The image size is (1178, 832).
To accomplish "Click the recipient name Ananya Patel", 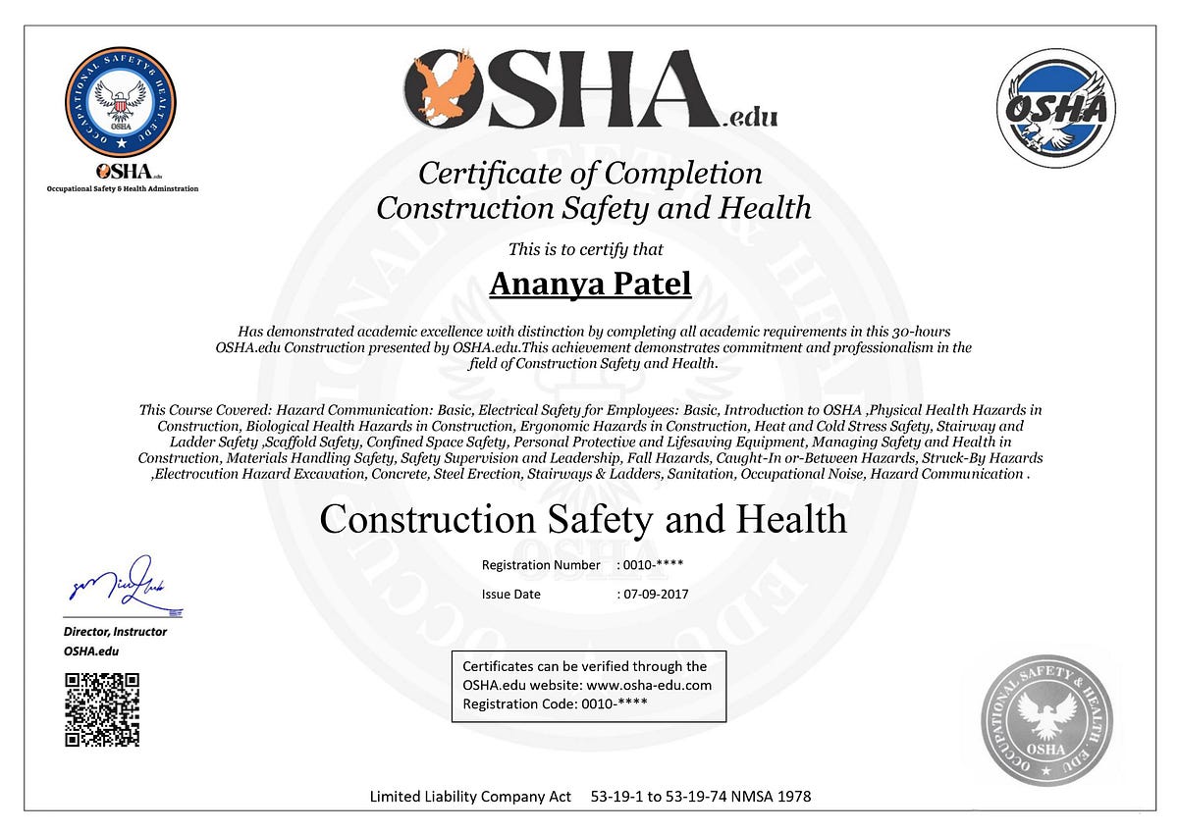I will tap(590, 284).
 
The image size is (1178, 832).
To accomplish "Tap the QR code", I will tap(102, 709).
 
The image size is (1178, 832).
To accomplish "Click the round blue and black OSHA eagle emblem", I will tap(1055, 108).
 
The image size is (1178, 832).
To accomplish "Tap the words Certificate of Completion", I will tap(590, 174).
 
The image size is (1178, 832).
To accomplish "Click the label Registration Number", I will tap(540, 565).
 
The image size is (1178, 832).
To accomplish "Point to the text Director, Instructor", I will tap(115, 632).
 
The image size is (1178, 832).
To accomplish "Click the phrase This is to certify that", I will tap(585, 249).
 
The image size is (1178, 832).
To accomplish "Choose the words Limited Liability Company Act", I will tap(470, 797).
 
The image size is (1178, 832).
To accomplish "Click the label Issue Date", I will tap(510, 594).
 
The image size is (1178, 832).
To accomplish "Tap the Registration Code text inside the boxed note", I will tap(555, 703).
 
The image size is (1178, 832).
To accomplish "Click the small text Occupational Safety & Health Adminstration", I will tap(123, 188).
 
